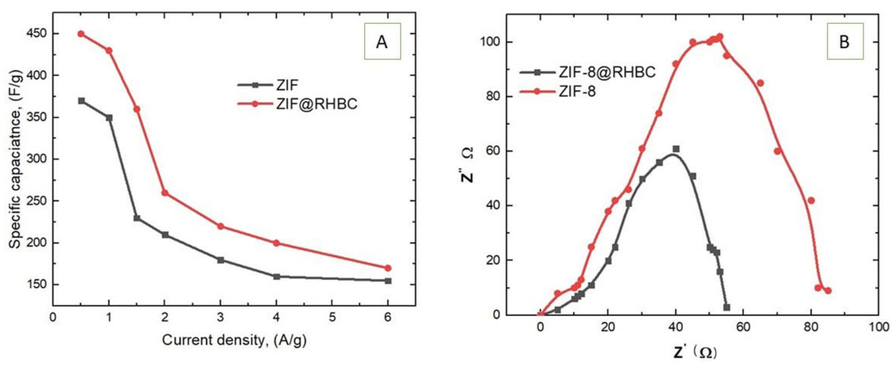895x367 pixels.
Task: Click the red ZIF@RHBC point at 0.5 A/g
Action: (x=81, y=34)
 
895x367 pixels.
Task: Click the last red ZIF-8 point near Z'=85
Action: (x=828, y=290)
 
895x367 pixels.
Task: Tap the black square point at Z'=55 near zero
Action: (x=727, y=307)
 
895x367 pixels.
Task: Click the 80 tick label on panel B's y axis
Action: (x=490, y=96)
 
